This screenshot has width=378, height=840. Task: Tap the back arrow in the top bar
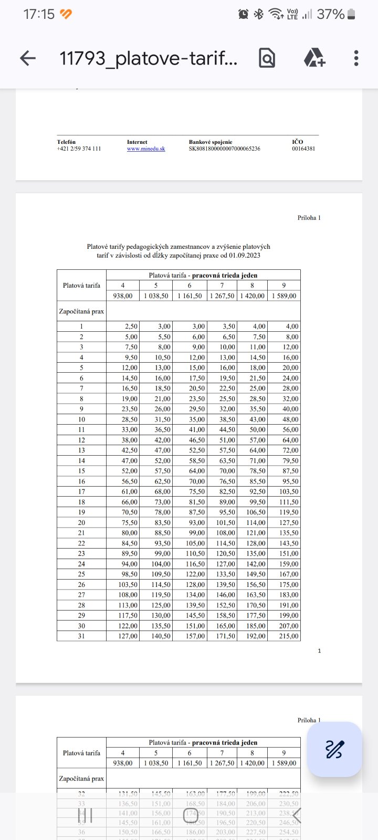[x=28, y=58]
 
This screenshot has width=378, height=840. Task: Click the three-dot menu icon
[x=356, y=58]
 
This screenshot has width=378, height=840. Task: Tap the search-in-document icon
[x=267, y=58]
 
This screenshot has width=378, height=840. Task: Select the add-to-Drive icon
[x=314, y=58]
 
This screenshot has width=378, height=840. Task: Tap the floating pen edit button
[x=334, y=749]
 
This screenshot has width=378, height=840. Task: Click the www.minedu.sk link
[x=146, y=149]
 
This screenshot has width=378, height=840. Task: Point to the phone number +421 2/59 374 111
[x=79, y=149]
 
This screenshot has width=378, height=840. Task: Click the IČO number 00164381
[x=303, y=149]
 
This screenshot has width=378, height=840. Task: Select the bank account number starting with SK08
[x=224, y=149]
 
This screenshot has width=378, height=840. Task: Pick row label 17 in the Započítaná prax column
[x=81, y=491]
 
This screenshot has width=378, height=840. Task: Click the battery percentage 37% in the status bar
[x=331, y=14]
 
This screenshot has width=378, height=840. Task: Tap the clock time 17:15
[x=39, y=14]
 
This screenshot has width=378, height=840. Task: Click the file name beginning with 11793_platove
[x=149, y=58]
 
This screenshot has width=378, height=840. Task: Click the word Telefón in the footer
[x=66, y=142]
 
